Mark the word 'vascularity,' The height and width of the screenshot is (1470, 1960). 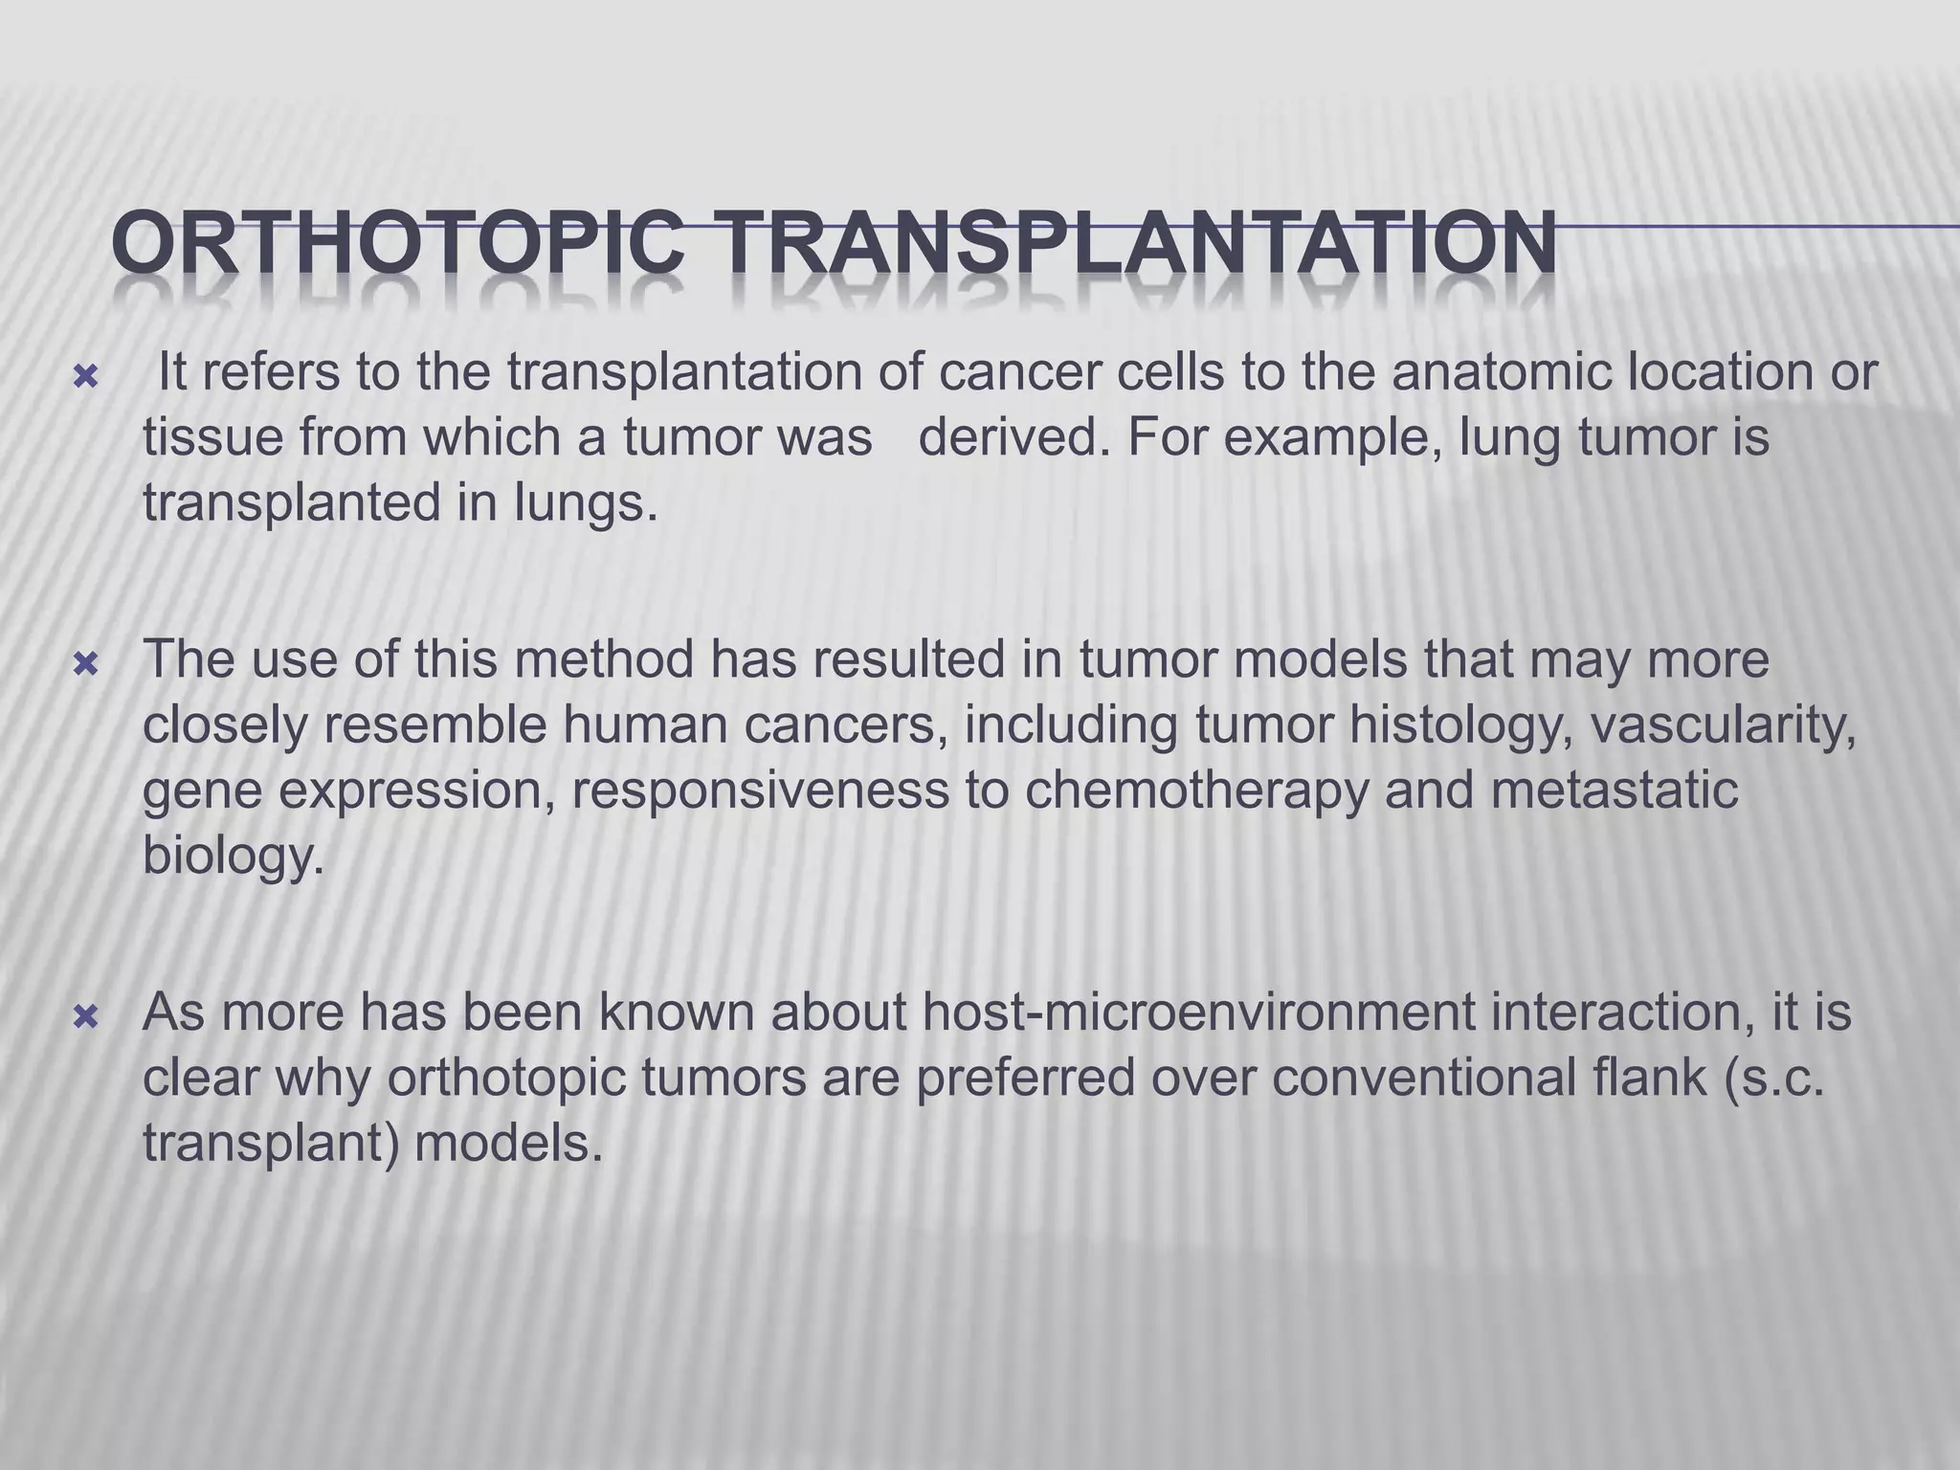pyautogui.click(x=1723, y=725)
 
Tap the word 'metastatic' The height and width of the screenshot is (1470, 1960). pyautogui.click(x=1608, y=791)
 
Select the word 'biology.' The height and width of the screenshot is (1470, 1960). pyautogui.click(x=234, y=856)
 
